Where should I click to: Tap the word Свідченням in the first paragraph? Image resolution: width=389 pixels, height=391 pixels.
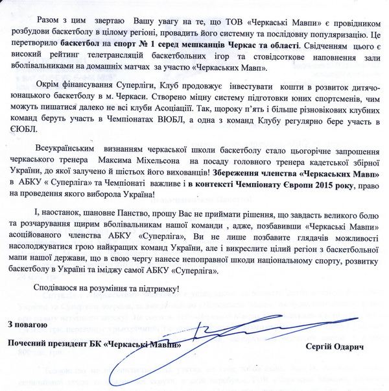coord(323,46)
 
